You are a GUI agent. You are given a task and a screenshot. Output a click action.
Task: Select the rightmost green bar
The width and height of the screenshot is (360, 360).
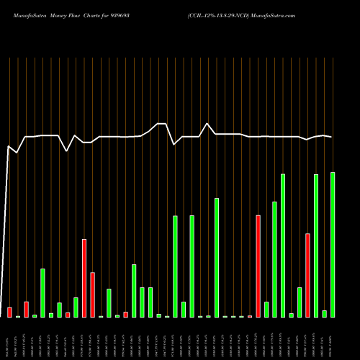pos(333,245)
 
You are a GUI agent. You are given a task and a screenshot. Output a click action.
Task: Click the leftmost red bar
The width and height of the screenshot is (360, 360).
pos(9,312)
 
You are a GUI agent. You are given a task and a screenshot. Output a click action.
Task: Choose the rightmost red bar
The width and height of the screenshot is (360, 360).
pos(308,275)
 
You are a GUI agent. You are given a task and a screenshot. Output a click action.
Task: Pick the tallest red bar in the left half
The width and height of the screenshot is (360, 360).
pos(84,278)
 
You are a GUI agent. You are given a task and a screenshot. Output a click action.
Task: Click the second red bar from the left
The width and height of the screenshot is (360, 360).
pos(26,309)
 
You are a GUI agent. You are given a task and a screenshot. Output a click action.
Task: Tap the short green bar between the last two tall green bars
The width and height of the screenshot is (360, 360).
pos(325,313)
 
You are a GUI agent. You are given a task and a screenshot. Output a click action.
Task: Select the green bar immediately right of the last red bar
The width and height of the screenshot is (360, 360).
pos(316,246)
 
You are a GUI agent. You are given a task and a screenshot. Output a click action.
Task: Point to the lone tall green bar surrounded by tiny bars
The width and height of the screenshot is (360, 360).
pos(217,257)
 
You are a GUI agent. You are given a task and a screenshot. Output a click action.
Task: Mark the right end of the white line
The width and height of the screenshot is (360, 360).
pos(332,137)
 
